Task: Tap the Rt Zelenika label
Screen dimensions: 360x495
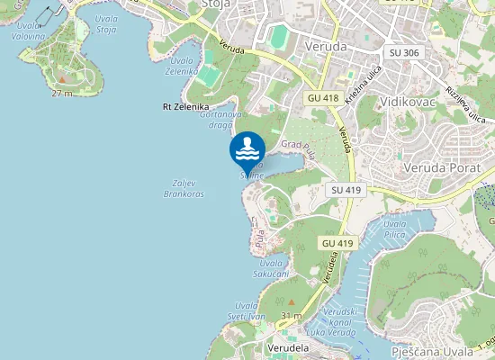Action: click(185, 106)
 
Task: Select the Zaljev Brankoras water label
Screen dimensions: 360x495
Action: click(184, 188)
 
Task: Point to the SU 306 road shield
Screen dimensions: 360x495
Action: click(403, 53)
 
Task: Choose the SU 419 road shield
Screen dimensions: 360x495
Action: click(346, 190)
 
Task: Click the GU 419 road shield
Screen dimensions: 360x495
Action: click(337, 243)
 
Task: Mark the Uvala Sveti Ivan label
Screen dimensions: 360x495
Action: click(247, 311)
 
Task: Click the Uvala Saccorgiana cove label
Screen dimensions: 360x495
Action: click(270, 266)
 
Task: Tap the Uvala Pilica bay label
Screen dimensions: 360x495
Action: click(394, 229)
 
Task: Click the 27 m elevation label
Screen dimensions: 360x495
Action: click(62, 93)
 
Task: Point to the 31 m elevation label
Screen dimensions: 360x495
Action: click(291, 316)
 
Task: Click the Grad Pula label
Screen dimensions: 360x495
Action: click(296, 144)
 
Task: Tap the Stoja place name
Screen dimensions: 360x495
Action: click(216, 4)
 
